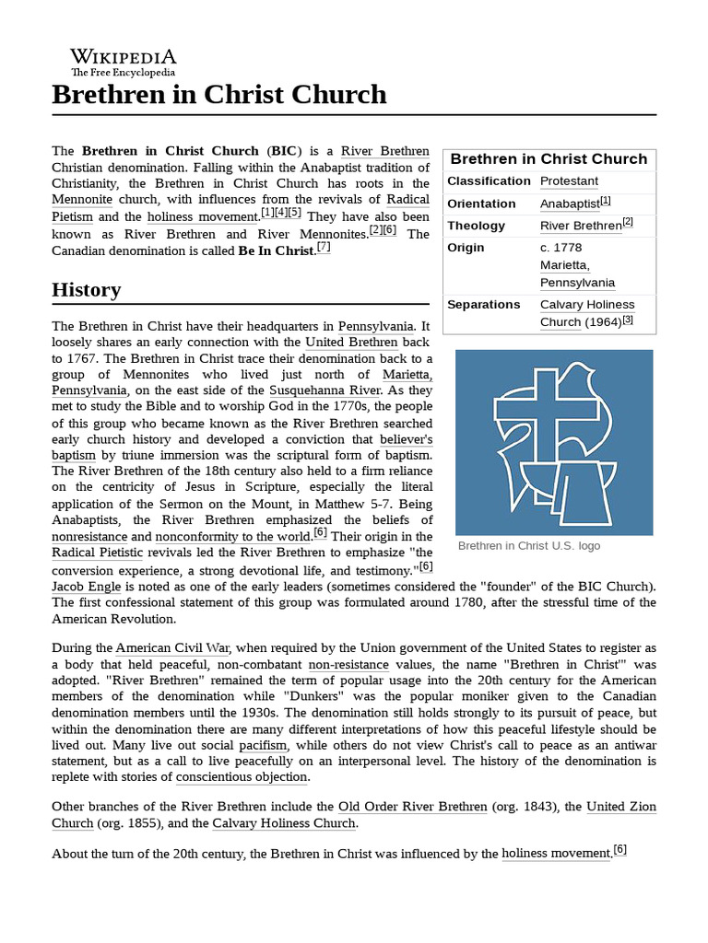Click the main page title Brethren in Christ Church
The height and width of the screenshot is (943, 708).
(219, 94)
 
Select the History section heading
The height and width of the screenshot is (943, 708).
(86, 289)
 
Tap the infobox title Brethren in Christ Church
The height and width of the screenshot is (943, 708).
(549, 158)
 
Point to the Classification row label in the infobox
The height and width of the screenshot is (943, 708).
(489, 181)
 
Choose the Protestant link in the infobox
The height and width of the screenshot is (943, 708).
(569, 181)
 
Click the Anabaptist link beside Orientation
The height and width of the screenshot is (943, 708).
(569, 204)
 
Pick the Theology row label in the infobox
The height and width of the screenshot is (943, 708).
(476, 226)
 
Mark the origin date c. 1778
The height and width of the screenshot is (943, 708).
(560, 248)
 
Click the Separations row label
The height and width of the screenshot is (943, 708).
(483, 305)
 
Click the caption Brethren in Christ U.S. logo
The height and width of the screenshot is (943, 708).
(528, 546)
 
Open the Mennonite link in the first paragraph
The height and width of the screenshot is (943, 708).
(82, 199)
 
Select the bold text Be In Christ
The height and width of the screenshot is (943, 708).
(276, 250)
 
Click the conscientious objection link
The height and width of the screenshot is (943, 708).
(242, 776)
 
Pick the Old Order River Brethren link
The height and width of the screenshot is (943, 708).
(412, 807)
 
